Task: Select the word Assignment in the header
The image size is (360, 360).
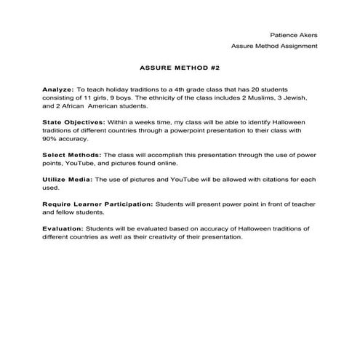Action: coord(297,46)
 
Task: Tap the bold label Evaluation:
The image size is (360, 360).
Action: coord(63,228)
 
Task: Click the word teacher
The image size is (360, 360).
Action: coord(295,204)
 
